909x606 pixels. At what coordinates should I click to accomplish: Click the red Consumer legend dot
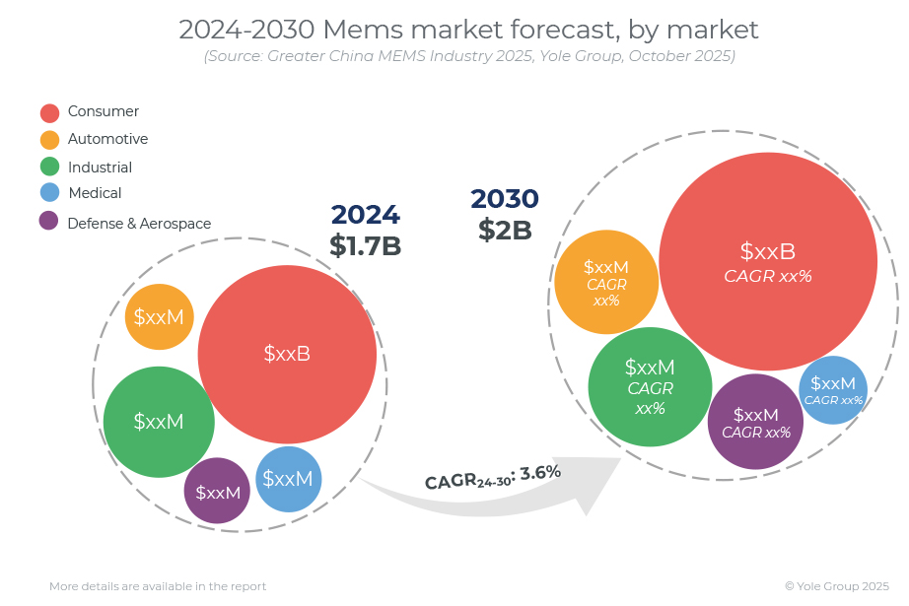(x=50, y=113)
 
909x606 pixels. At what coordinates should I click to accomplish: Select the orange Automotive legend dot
(x=50, y=140)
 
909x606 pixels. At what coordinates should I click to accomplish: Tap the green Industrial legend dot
(x=50, y=167)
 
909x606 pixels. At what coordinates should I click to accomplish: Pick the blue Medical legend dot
(x=50, y=192)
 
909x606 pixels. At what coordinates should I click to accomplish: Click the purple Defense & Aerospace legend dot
(x=48, y=221)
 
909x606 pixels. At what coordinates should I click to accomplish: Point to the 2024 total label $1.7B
(x=365, y=245)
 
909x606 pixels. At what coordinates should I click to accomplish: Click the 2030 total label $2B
(x=505, y=230)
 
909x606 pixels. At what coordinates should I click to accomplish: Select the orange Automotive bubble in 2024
(x=160, y=317)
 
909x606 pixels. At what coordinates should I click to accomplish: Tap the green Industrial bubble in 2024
(x=159, y=422)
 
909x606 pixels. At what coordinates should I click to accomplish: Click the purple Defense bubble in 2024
(x=217, y=491)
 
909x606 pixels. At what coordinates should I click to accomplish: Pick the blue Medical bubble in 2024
(x=289, y=479)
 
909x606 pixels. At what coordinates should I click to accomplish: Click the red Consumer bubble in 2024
(x=287, y=355)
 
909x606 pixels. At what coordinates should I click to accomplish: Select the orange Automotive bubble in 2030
(x=606, y=282)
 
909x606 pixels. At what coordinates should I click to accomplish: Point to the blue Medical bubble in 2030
(x=833, y=390)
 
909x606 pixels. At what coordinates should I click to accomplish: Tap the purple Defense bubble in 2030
(x=755, y=422)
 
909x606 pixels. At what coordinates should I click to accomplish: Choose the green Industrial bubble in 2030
(x=650, y=387)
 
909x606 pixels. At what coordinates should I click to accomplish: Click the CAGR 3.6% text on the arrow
(x=493, y=477)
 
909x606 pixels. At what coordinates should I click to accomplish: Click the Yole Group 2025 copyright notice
(x=836, y=586)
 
